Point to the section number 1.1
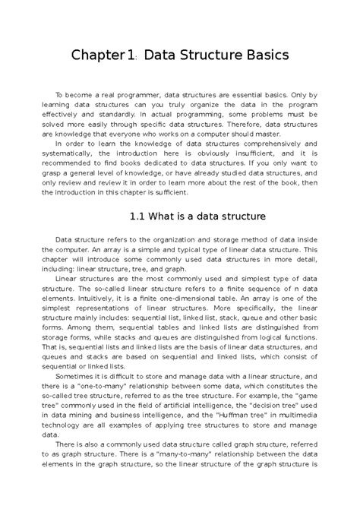139,216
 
